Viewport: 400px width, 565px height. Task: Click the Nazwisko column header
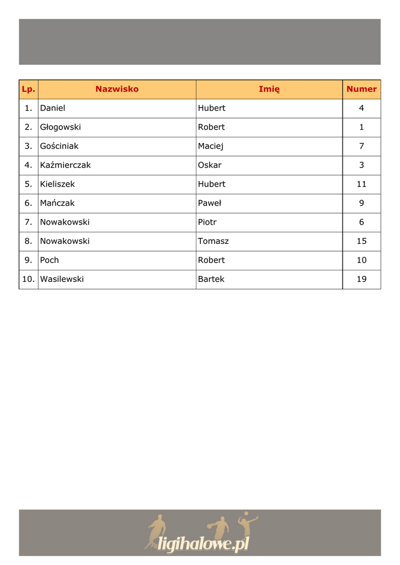(x=117, y=89)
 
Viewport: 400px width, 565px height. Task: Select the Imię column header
(x=269, y=89)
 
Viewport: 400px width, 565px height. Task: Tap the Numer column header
(x=361, y=89)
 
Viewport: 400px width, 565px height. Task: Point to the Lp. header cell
(x=28, y=89)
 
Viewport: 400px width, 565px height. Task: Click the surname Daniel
(x=52, y=108)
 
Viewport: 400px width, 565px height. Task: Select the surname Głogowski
(x=60, y=127)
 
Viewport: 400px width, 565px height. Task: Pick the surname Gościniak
(x=59, y=146)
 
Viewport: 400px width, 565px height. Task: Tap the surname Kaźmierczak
(x=65, y=165)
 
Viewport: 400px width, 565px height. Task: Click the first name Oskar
(x=210, y=165)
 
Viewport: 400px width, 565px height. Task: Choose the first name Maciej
(x=211, y=146)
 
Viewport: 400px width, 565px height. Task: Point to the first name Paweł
(x=210, y=203)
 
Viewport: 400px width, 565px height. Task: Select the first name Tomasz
(x=213, y=241)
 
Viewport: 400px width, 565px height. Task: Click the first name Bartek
(x=211, y=279)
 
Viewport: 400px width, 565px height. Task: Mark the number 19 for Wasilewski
(x=361, y=279)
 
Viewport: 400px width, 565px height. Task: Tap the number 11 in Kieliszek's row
(x=361, y=184)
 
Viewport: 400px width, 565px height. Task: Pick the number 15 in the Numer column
(x=361, y=241)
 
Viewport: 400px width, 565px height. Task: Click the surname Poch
(x=49, y=260)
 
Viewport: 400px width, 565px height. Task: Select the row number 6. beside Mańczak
(x=29, y=203)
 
